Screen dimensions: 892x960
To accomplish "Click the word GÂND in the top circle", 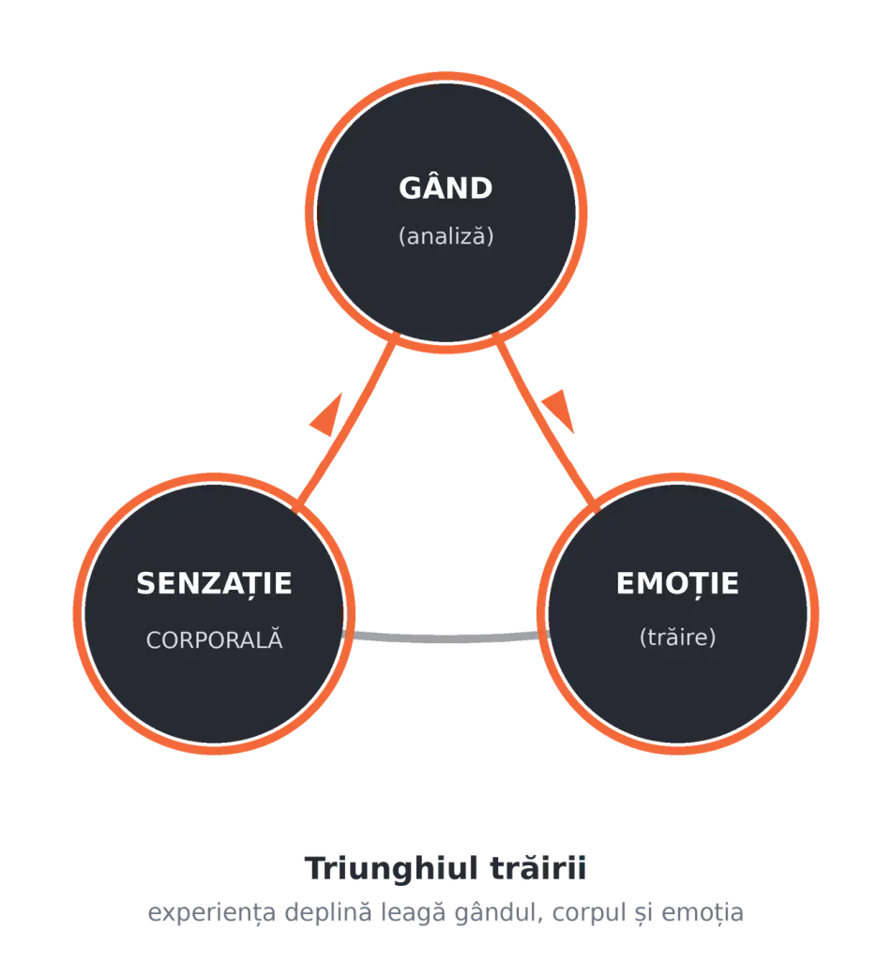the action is tap(446, 187).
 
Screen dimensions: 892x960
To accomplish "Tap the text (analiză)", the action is tap(446, 235).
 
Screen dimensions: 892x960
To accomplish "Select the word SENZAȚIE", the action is tap(215, 583).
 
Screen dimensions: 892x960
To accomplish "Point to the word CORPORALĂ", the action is tap(215, 638).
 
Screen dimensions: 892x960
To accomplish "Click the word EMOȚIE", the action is tap(677, 583).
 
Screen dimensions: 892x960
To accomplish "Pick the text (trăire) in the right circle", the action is tap(677, 637).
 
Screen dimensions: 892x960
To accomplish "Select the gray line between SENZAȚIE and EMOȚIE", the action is tap(446, 638).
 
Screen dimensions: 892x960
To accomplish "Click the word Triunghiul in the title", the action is tap(391, 869).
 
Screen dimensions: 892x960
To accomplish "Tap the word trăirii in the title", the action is tap(538, 867).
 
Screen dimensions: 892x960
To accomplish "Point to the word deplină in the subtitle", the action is tap(328, 912).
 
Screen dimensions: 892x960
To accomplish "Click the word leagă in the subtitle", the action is tap(414, 912).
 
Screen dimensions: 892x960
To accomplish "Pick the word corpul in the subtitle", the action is tap(588, 912).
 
